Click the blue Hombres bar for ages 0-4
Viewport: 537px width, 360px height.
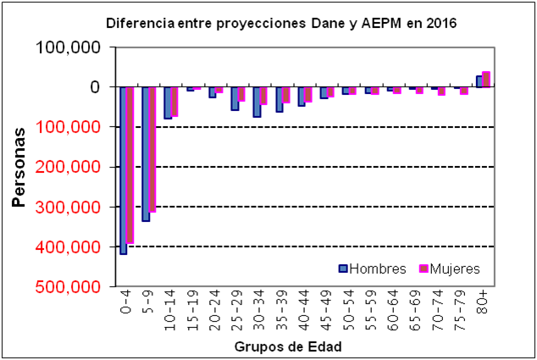(x=124, y=169)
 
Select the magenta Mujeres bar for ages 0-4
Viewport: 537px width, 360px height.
(x=130, y=165)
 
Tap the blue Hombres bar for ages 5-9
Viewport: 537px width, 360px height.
(x=146, y=153)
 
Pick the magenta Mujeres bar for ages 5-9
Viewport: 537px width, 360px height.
(x=152, y=149)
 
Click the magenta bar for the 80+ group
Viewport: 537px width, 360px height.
(x=486, y=80)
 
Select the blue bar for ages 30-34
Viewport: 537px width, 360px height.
(x=257, y=102)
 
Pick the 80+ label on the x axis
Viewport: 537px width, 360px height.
(x=482, y=302)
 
